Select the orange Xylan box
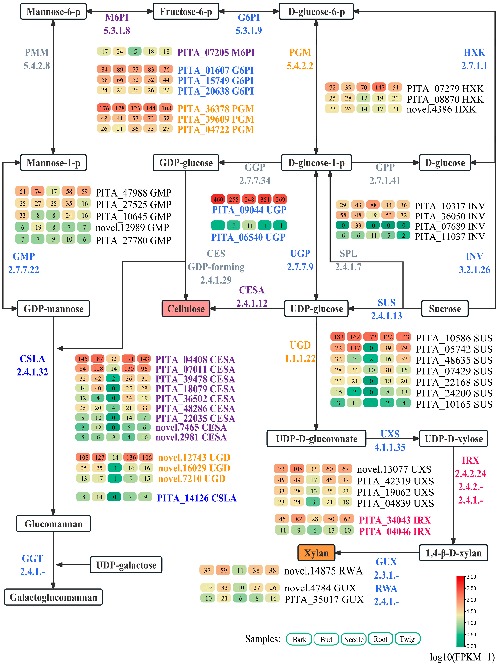coord(316,553)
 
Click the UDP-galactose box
coord(126,565)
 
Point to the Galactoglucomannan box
coord(53,597)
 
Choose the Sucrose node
coord(444,309)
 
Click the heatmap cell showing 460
coord(218,199)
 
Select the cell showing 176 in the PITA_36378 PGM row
coord(104,108)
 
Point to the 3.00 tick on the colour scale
coord(471,577)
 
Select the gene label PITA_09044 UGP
coord(249,210)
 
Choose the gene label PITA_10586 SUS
coord(454,338)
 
